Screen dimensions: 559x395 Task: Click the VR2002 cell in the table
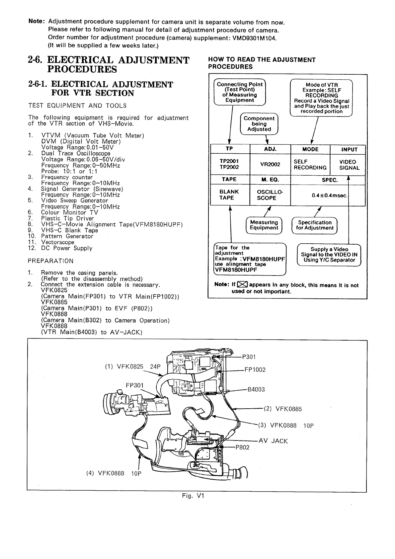(x=270, y=164)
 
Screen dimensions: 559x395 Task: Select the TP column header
(x=229, y=149)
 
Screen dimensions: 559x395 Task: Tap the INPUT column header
(x=349, y=149)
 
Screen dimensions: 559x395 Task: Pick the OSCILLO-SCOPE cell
(x=270, y=195)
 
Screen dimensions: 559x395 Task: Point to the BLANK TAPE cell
(x=229, y=195)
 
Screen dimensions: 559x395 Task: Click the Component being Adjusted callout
(x=259, y=124)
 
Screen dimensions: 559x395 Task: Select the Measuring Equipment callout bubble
(x=264, y=225)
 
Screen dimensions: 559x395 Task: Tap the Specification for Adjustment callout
(x=315, y=225)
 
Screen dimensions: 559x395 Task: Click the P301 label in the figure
(x=249, y=357)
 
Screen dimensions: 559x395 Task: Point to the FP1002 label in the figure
(x=255, y=370)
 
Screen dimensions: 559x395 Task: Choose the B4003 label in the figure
(x=256, y=389)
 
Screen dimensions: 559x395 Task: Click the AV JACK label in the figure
(x=273, y=441)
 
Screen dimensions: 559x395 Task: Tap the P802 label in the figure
(x=242, y=447)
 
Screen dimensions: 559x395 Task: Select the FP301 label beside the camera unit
(x=135, y=385)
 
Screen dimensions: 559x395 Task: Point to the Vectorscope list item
(x=58, y=242)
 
